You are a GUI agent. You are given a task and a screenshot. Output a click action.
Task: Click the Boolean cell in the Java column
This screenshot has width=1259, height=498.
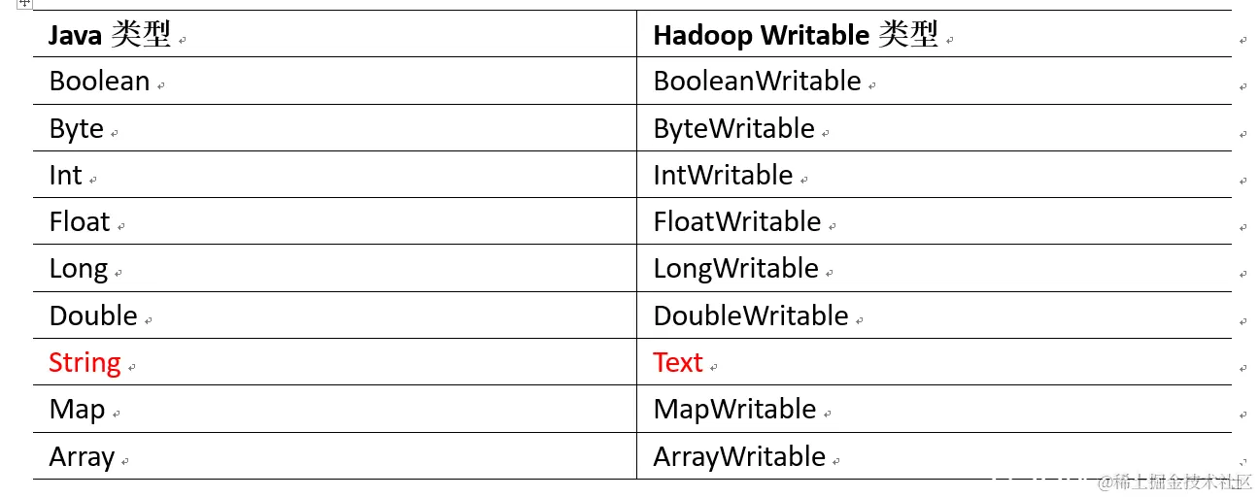point(99,82)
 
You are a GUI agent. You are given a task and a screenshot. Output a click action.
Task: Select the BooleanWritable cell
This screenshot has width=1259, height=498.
point(757,82)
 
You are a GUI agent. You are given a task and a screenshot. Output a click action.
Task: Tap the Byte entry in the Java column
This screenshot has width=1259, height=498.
point(76,129)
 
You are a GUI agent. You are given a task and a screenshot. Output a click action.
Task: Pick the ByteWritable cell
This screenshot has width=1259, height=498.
point(733,129)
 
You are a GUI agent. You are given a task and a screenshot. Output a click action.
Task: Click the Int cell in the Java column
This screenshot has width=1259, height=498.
point(65,176)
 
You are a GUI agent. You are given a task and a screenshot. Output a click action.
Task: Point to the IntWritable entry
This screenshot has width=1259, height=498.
point(723,176)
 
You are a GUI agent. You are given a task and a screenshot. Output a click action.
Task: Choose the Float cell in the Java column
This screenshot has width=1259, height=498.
point(80,222)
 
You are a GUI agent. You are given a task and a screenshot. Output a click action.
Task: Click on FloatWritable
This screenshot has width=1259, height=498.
point(737,222)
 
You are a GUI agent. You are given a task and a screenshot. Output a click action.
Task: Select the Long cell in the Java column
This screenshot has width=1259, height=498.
point(78,269)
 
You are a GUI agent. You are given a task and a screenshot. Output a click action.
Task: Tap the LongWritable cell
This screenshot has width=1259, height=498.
point(735,269)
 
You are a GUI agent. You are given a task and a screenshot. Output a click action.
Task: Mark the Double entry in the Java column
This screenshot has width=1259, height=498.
point(93,316)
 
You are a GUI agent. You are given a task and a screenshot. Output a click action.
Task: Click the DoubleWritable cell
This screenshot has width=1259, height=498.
point(751,316)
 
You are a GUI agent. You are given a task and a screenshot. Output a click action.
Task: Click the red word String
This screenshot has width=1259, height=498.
point(85,363)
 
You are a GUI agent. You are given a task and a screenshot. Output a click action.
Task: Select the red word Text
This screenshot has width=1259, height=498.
point(677,363)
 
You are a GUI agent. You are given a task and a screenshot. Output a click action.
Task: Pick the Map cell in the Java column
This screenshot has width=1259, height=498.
point(77,410)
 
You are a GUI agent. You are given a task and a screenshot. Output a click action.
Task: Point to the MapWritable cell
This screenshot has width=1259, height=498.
point(734,410)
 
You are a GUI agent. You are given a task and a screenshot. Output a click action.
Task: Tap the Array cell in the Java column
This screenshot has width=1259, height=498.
point(82,457)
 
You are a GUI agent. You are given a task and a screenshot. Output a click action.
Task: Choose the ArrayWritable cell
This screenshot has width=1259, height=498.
point(739,457)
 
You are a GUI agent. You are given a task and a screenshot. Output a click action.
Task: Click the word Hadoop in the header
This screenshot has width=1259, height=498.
point(702,36)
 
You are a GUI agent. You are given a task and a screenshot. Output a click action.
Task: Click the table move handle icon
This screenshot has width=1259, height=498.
point(25,4)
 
